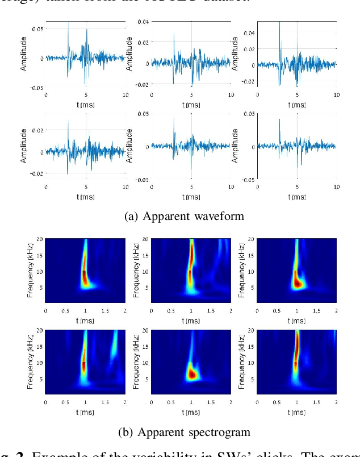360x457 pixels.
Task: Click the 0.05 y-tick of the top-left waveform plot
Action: coord(37,28)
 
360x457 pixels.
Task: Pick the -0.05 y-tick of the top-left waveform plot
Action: coord(36,88)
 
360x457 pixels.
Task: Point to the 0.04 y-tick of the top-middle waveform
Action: coord(143,21)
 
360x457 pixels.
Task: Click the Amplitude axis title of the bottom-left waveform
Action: coord(24,146)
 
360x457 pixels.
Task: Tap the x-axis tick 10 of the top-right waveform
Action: coord(336,95)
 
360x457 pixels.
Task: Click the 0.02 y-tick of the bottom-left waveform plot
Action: coord(37,131)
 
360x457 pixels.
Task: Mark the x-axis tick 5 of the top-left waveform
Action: coord(86,95)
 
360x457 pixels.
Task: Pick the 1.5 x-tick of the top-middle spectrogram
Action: coord(211,311)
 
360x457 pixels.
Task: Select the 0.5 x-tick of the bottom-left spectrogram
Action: coord(66,403)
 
